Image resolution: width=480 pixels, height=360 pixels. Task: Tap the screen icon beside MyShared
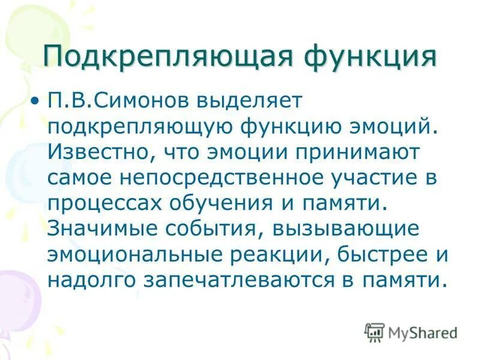point(374,331)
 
